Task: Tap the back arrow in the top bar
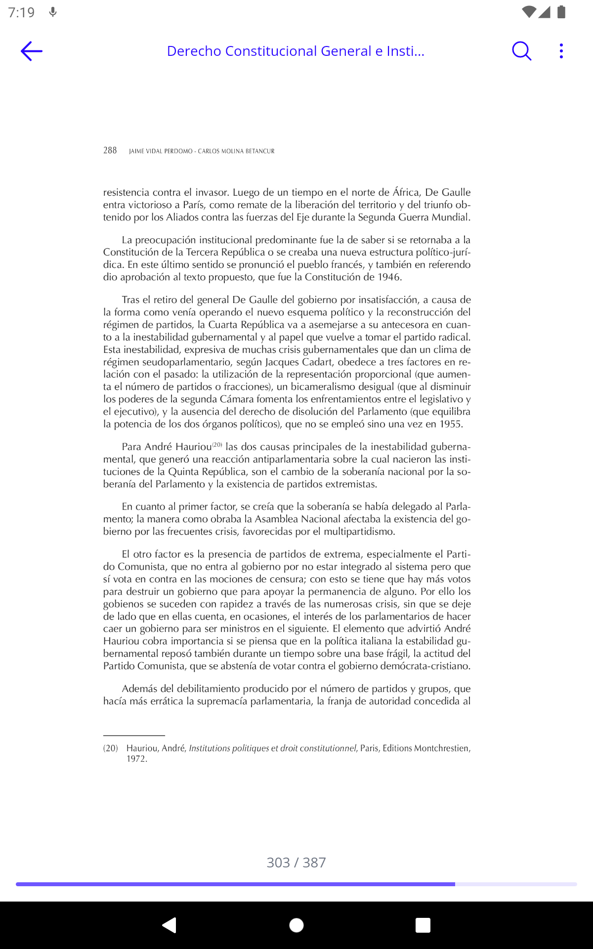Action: click(x=32, y=51)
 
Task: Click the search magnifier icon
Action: click(x=521, y=51)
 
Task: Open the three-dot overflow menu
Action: click(x=561, y=51)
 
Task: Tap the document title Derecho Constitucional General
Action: click(x=296, y=51)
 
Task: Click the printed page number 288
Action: click(x=110, y=150)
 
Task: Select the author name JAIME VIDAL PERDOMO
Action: click(x=161, y=151)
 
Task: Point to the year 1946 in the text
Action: click(x=388, y=277)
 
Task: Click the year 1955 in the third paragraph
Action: click(x=451, y=424)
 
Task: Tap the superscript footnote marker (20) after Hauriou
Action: click(x=217, y=445)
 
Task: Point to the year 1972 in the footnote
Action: click(x=136, y=759)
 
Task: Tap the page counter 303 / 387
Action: click(x=296, y=863)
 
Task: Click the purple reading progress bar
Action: click(x=235, y=884)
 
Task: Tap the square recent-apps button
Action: click(x=423, y=925)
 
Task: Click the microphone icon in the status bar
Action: click(x=53, y=12)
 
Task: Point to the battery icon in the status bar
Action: click(x=561, y=12)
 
